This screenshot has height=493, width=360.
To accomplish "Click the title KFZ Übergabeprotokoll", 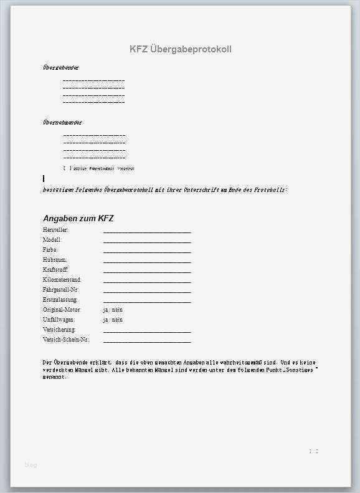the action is click(180, 49).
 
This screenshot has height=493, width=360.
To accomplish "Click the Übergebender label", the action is click(61, 67).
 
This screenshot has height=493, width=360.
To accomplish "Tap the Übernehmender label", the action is click(62, 123).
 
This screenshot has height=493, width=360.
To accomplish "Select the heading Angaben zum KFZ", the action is click(78, 218).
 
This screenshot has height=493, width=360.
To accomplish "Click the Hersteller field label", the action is click(55, 230).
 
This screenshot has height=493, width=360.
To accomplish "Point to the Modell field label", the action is click(52, 240).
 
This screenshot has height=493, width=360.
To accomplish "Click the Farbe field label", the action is click(50, 250).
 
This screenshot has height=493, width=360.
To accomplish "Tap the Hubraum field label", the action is click(55, 260).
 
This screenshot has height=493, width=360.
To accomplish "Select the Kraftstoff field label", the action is click(55, 270).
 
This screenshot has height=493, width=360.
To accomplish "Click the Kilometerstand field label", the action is click(62, 280).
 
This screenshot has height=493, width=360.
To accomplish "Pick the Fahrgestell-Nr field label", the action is click(60, 290).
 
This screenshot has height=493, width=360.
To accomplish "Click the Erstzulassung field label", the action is click(60, 300).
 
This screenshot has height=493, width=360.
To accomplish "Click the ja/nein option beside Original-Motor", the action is click(113, 310).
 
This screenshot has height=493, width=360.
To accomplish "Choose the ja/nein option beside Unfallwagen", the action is click(113, 320).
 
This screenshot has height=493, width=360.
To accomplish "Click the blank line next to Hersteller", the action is click(147, 231).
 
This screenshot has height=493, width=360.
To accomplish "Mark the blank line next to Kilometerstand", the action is click(147, 281).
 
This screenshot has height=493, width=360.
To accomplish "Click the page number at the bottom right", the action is click(313, 451).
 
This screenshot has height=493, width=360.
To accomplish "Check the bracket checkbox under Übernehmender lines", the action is click(66, 168).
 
